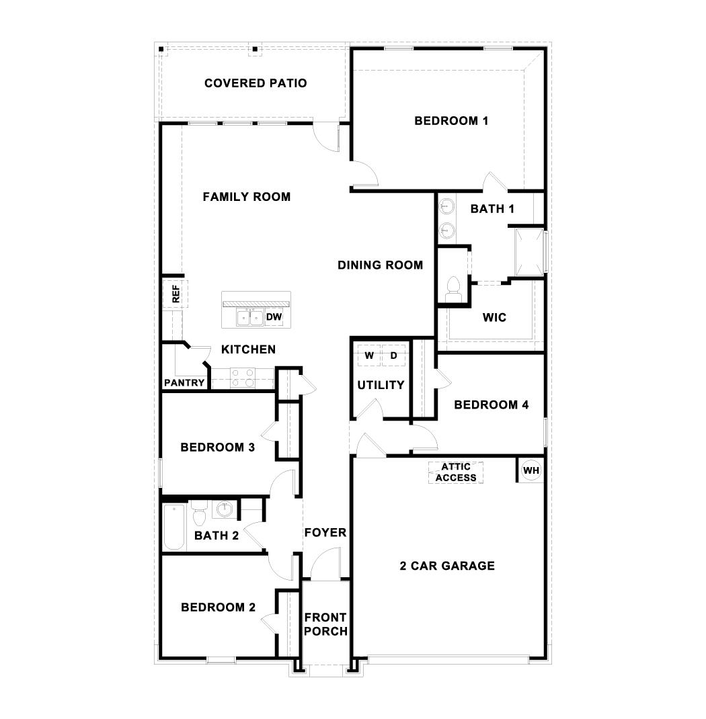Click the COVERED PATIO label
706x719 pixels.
(256, 83)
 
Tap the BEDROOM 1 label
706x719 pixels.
(451, 121)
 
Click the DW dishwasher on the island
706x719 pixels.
(274, 316)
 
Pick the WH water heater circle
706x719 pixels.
(531, 470)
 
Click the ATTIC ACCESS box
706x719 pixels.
(455, 472)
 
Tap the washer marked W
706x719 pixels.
(369, 355)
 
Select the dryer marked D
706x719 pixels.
(394, 355)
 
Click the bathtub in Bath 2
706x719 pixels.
(173, 526)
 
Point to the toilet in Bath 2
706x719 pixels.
(199, 516)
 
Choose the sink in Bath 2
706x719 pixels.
(225, 509)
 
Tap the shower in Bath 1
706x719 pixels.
(528, 252)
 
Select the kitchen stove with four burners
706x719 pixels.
(243, 378)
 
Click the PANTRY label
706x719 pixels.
(184, 383)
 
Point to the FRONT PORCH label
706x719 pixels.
(325, 624)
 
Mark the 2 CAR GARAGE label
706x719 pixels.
(447, 566)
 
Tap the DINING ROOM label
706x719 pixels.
(381, 265)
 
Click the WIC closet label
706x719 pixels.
(494, 317)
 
